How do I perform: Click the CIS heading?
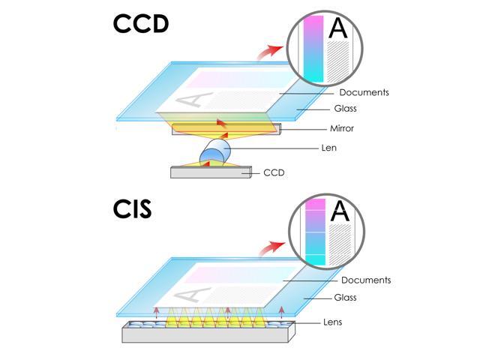point(132,209)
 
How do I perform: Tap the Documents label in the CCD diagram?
point(364,93)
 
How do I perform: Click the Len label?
point(328,148)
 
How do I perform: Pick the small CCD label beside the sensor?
point(274,172)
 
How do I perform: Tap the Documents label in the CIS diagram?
point(366,280)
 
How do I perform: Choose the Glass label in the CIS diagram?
point(346,298)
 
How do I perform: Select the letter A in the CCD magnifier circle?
point(339,28)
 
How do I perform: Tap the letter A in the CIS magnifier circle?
point(340,211)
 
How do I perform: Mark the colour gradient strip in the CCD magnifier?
point(313,49)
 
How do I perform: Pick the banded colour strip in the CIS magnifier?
point(315,232)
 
